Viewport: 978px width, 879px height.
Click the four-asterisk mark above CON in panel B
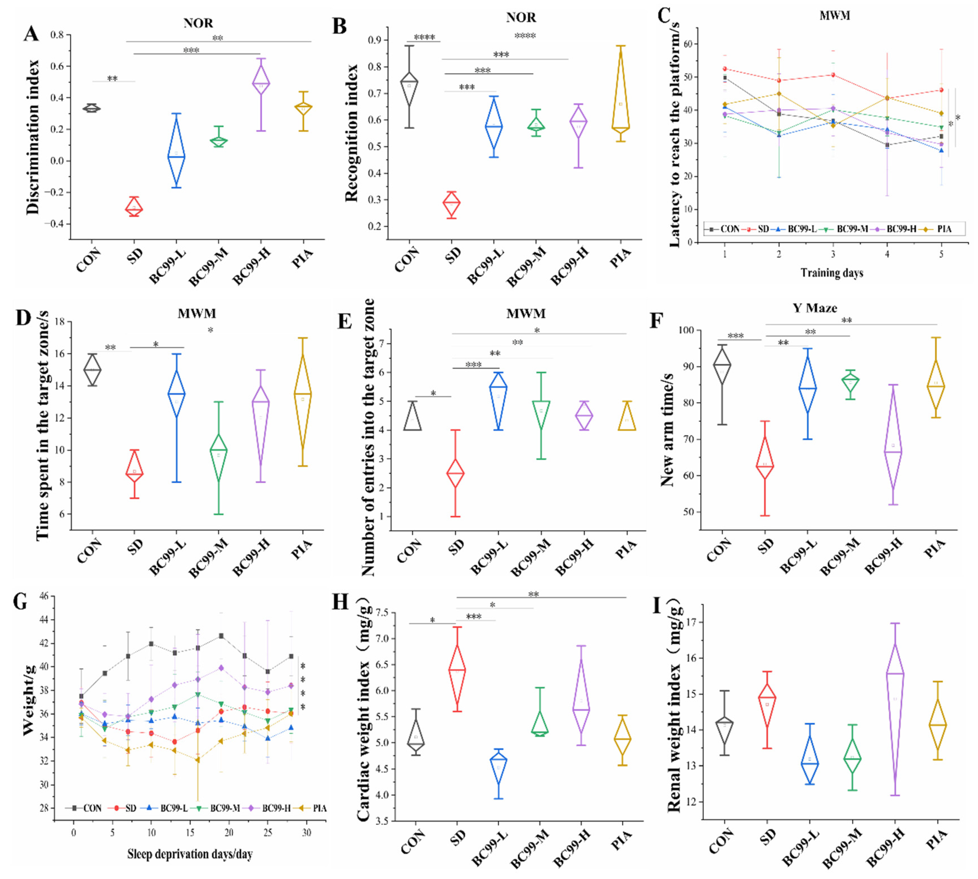coord(424,37)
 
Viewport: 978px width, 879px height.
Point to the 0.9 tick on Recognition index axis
coord(374,40)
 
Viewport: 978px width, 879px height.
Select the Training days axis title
coord(832,273)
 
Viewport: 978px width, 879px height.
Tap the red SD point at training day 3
coord(833,75)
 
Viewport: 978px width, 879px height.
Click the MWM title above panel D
coord(197,313)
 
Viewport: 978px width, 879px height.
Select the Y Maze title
coord(815,308)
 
